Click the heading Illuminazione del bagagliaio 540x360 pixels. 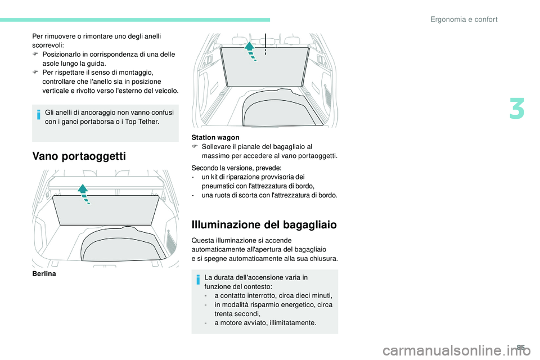(264, 225)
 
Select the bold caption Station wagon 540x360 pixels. (215, 137)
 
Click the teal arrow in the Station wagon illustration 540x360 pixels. (251, 51)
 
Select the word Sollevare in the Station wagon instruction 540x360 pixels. (215, 146)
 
